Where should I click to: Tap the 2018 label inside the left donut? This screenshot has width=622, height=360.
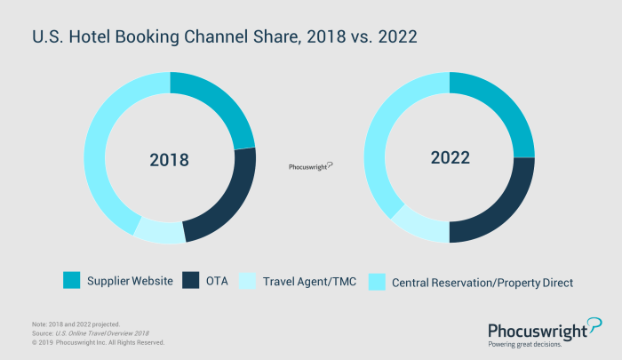click(169, 160)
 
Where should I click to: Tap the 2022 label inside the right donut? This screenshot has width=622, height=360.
click(450, 157)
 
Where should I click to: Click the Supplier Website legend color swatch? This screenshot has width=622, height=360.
click(72, 282)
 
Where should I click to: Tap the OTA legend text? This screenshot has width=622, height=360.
click(217, 282)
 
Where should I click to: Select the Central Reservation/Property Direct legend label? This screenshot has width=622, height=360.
click(482, 282)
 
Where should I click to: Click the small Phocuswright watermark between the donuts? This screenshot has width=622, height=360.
click(311, 166)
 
